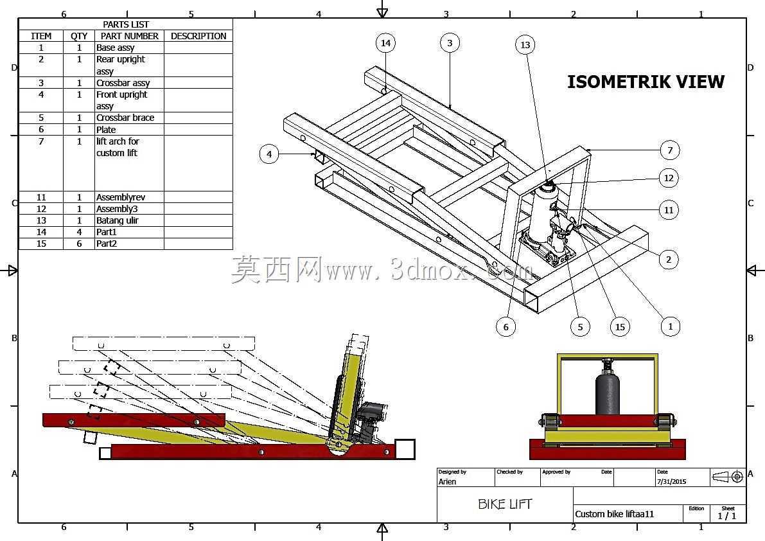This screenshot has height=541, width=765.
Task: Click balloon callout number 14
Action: (x=385, y=43)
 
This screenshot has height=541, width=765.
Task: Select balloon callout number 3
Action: (x=450, y=43)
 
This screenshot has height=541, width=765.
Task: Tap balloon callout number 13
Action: (x=525, y=45)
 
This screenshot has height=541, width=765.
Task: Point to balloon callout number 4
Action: (x=269, y=154)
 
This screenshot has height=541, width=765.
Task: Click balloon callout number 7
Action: (x=670, y=150)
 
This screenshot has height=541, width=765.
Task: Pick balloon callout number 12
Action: (x=669, y=178)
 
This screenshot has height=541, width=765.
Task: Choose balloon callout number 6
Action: (x=506, y=327)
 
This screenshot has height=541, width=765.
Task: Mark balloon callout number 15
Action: (x=620, y=327)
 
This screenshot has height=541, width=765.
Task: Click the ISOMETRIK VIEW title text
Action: (x=646, y=82)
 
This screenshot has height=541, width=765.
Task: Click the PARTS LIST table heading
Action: (x=125, y=24)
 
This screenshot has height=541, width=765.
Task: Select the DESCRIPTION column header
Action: (x=198, y=36)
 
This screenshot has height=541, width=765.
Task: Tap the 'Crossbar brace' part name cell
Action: (x=125, y=118)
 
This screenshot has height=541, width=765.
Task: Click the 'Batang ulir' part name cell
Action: (x=117, y=220)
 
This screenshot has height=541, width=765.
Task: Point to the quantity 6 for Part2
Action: (x=79, y=244)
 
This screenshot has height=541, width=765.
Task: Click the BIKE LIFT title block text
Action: (x=504, y=504)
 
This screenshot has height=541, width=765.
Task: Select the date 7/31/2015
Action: (x=671, y=481)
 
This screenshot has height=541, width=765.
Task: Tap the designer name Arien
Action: (x=447, y=481)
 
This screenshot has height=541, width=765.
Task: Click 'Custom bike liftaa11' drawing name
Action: (x=614, y=513)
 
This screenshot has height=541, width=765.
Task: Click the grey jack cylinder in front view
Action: (x=608, y=393)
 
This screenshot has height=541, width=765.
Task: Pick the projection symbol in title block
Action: (x=728, y=477)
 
